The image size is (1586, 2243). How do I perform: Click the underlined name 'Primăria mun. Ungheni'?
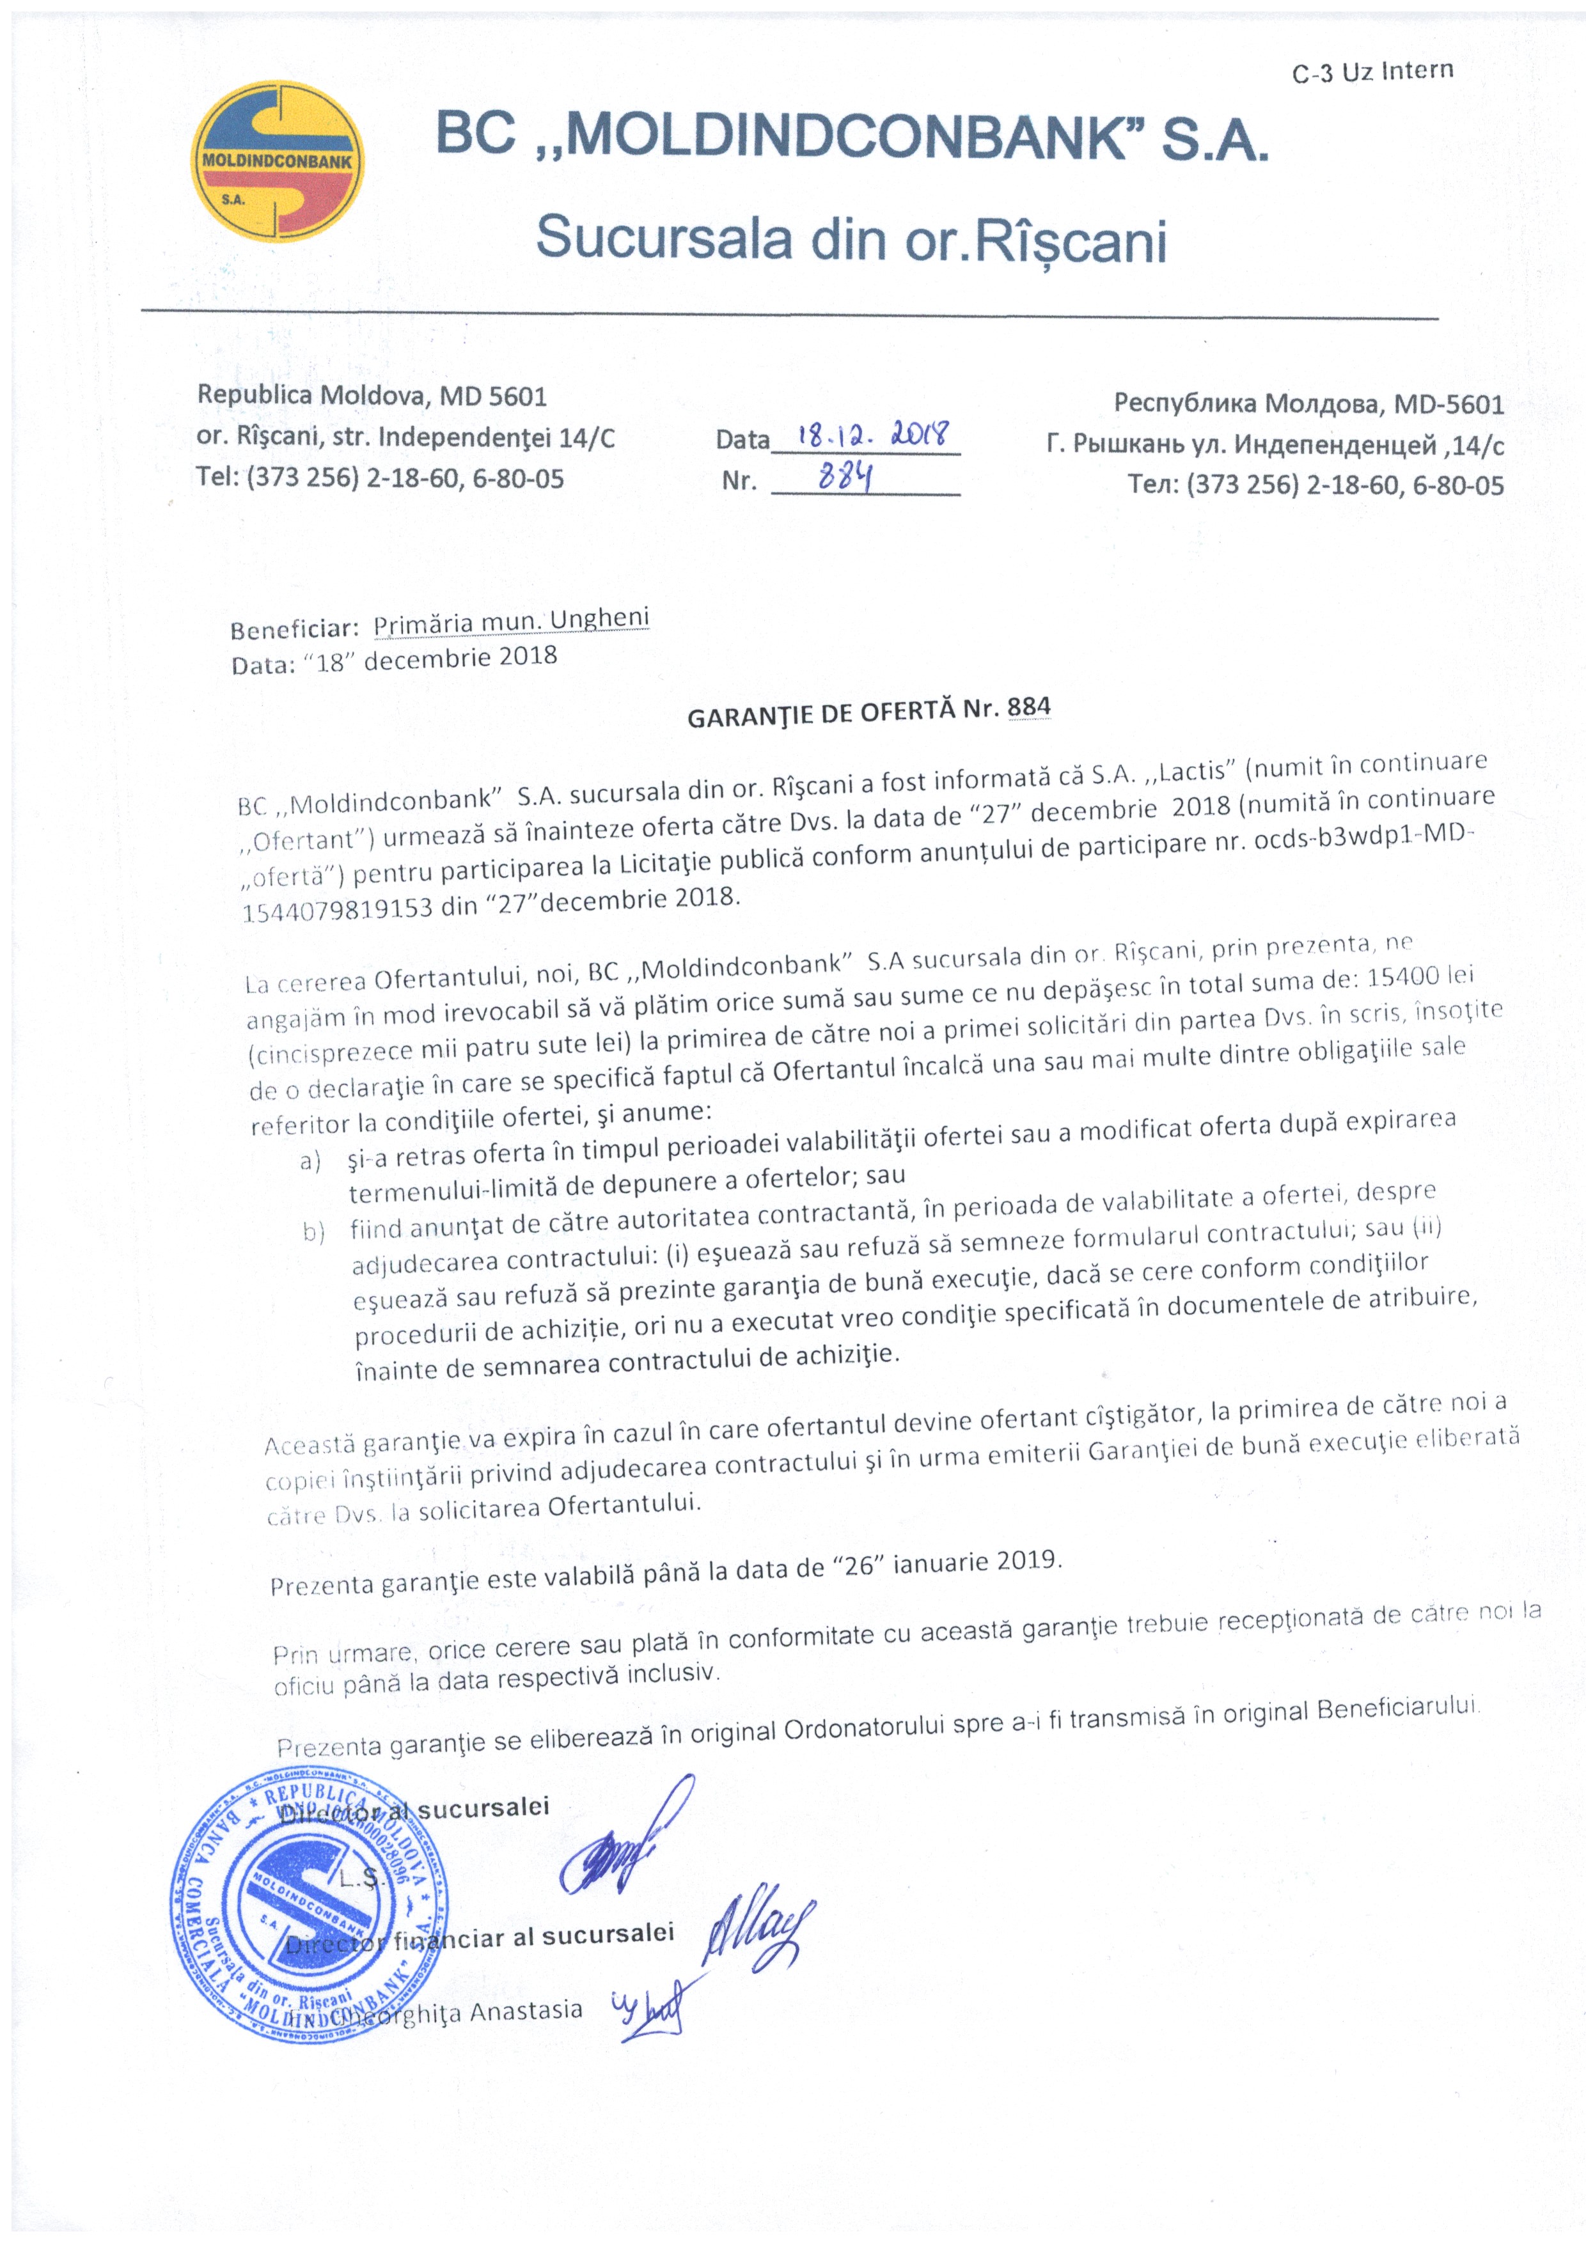tap(511, 621)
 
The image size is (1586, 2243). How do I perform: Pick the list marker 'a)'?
tap(311, 1162)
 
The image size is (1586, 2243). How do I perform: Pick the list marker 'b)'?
tap(313, 1233)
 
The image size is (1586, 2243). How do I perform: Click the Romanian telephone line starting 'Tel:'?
tap(380, 479)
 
